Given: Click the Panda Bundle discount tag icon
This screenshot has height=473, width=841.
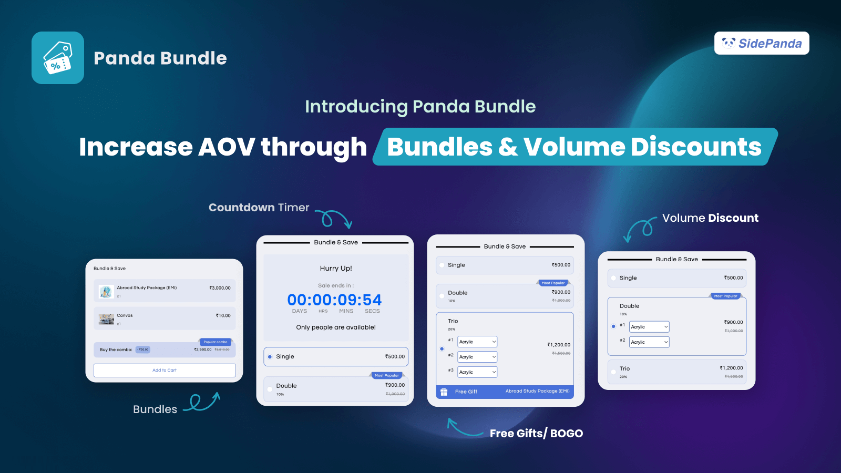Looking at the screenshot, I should coord(58,58).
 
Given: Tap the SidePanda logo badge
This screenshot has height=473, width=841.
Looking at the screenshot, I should coord(762,43).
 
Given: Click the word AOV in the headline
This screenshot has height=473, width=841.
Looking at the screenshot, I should coord(227,147).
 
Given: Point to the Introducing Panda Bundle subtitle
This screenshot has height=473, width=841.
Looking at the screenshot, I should coord(420,107).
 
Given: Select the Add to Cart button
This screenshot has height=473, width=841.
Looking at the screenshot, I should coord(165,371).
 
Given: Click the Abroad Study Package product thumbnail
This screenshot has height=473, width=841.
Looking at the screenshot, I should coord(106,291).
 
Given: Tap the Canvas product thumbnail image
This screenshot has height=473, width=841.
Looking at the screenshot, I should coord(106,319).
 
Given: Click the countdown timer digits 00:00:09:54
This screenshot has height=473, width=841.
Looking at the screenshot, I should coord(334,300).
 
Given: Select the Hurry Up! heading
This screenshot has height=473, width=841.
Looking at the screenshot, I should coord(336,268).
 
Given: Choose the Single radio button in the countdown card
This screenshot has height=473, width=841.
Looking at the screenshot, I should coord(270,357).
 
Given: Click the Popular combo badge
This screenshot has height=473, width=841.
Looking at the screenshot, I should coord(216,342).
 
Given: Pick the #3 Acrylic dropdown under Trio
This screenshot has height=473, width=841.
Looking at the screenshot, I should coord(477,372).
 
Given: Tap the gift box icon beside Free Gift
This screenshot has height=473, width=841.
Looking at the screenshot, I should coord(444,392).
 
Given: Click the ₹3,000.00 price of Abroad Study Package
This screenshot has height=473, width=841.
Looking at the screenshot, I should coord(220,288).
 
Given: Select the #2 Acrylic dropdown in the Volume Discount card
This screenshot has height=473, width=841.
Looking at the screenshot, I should coord(649,342).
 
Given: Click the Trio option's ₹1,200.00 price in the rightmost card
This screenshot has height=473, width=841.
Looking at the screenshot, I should coord(731,368).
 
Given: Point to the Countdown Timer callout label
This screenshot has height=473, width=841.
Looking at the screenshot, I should coord(259,208).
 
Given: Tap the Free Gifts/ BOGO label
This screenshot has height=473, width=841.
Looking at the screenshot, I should coord(536,434).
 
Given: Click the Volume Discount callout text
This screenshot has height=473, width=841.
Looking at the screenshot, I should coord(710,218).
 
